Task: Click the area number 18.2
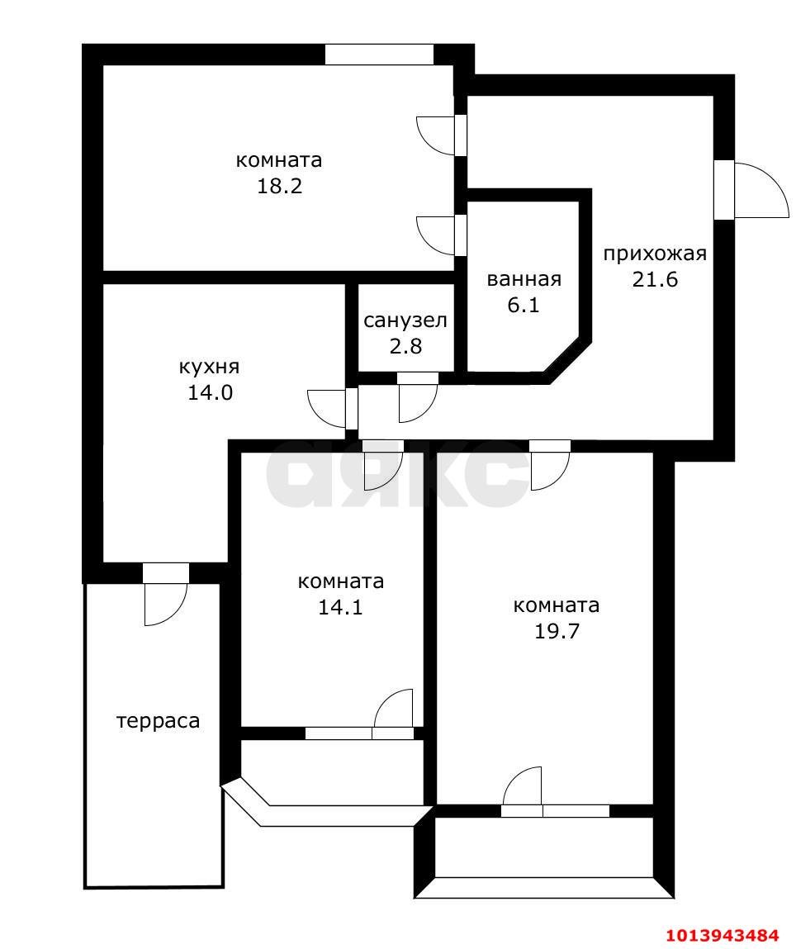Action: (279, 186)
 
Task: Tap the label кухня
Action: (210, 366)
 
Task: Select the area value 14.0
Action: (210, 392)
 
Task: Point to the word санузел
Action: (405, 320)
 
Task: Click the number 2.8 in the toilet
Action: (405, 346)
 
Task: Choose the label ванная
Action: (524, 279)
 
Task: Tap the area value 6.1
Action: (524, 305)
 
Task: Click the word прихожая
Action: (655, 254)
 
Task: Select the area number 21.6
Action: (655, 279)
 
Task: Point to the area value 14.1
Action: (340, 607)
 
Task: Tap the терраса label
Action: (159, 721)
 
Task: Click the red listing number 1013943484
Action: (723, 935)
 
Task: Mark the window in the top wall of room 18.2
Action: (379, 55)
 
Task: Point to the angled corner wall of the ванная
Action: (569, 359)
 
